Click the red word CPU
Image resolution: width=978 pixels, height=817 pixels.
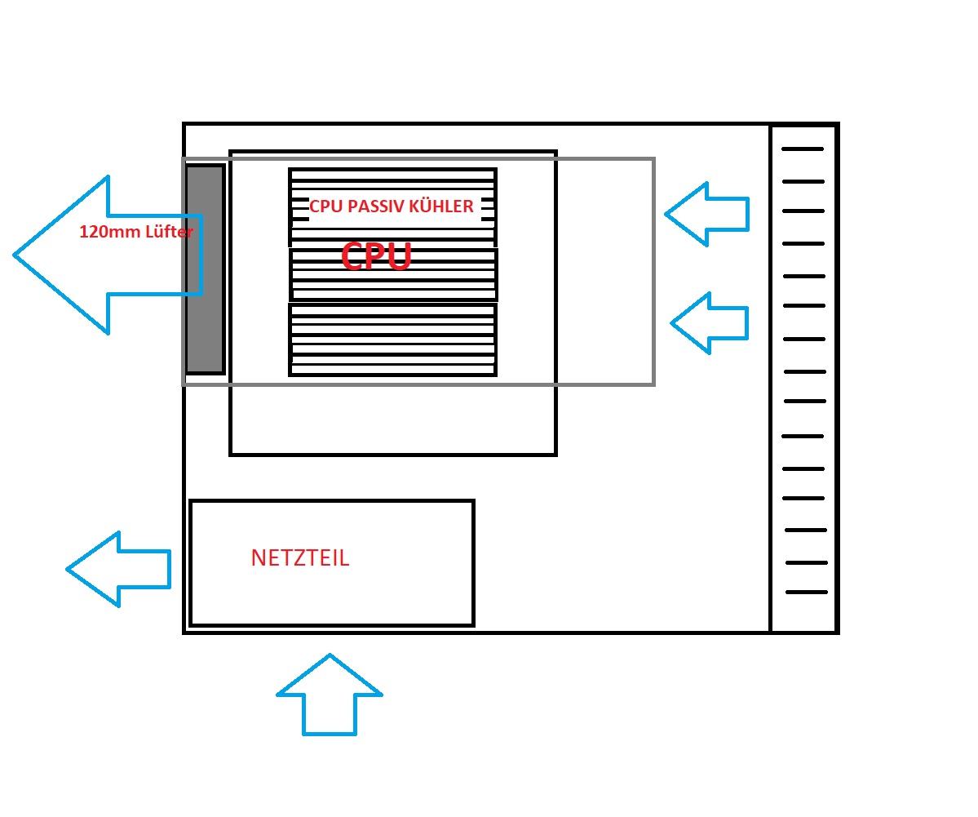click(x=376, y=256)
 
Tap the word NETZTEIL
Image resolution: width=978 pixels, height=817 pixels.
click(x=300, y=558)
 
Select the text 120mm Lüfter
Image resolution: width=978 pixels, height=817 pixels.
click(x=136, y=232)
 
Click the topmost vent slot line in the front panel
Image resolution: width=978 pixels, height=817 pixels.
click(x=803, y=149)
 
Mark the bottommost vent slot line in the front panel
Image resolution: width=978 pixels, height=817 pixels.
click(x=807, y=593)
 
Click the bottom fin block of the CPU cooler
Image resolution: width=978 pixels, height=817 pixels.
click(x=392, y=340)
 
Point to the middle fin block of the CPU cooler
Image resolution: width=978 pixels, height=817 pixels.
click(x=392, y=275)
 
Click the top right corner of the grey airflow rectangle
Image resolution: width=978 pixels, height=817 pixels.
click(x=653, y=159)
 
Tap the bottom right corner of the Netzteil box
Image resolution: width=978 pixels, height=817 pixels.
click(x=473, y=625)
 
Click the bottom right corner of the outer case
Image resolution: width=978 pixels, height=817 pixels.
click(x=837, y=632)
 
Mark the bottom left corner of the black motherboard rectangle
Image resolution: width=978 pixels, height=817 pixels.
click(x=231, y=454)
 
